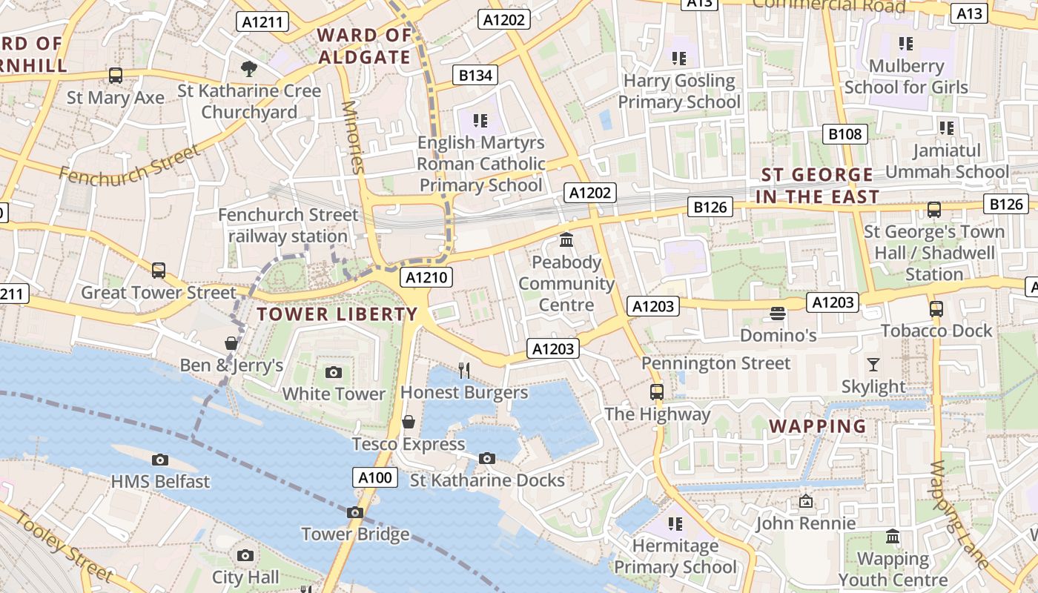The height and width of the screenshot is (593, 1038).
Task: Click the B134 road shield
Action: click(475, 75)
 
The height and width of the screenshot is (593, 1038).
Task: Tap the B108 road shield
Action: click(845, 134)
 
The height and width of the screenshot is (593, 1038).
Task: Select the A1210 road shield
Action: click(426, 278)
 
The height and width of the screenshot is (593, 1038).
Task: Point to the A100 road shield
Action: click(374, 478)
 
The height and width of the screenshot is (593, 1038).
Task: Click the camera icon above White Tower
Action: click(334, 372)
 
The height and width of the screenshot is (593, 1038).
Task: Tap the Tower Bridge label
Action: click(355, 534)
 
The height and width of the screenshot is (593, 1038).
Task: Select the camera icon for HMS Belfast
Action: click(159, 460)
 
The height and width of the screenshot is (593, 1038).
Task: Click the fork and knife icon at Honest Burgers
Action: click(464, 370)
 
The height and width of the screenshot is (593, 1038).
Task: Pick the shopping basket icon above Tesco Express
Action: click(408, 422)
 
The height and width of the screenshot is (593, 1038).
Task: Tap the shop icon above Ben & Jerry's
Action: click(231, 343)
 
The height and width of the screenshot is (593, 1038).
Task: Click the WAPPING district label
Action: click(818, 426)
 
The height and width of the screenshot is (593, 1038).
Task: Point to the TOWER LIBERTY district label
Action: click(337, 314)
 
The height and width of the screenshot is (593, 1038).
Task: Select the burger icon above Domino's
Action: click(778, 314)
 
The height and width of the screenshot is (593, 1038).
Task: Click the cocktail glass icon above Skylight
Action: click(873, 364)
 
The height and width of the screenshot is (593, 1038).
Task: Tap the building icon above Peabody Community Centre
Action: click(567, 240)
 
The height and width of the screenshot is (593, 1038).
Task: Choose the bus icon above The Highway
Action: click(656, 391)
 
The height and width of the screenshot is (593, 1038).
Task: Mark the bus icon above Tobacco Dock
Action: click(936, 308)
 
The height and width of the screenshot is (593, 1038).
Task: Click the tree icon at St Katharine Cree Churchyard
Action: click(249, 69)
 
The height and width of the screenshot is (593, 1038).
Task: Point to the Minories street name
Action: click(353, 137)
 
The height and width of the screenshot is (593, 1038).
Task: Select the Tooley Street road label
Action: click(65, 546)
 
